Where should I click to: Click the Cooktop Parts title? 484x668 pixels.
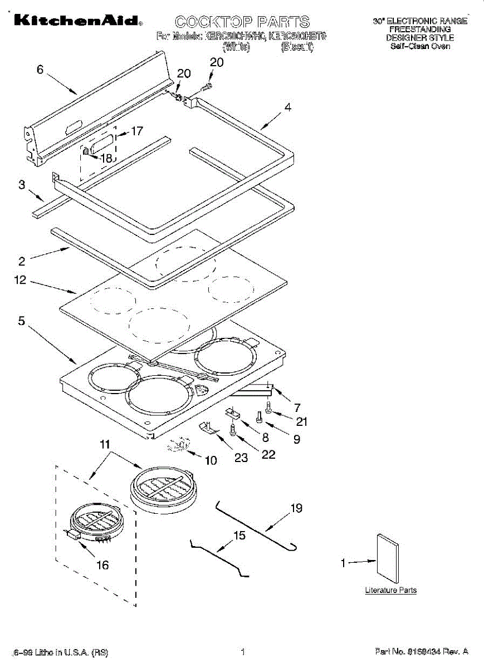click(242, 22)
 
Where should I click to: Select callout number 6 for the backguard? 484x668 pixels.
click(40, 70)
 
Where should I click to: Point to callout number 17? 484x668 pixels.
click(136, 131)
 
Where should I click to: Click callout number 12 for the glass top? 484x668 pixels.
click(21, 281)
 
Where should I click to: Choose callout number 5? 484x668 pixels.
click(21, 321)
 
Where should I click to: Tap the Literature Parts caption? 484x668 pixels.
click(390, 590)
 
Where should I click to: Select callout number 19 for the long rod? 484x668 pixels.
click(296, 508)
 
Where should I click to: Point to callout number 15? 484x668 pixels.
click(239, 536)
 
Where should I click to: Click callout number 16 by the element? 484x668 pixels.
click(102, 565)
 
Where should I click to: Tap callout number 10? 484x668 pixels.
click(211, 460)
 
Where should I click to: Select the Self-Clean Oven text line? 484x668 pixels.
click(420, 47)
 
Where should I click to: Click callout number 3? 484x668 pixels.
click(22, 185)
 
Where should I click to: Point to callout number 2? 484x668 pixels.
click(22, 261)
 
